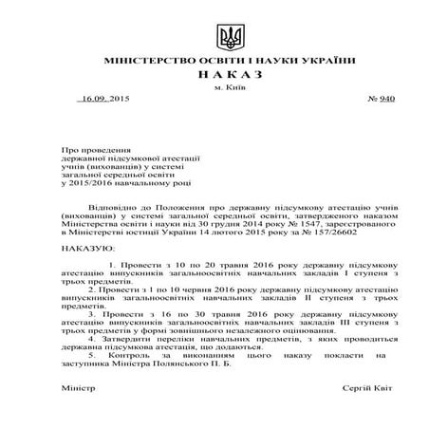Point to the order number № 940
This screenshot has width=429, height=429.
tap(353, 99)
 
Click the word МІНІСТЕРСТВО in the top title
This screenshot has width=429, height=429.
tap(141, 60)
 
